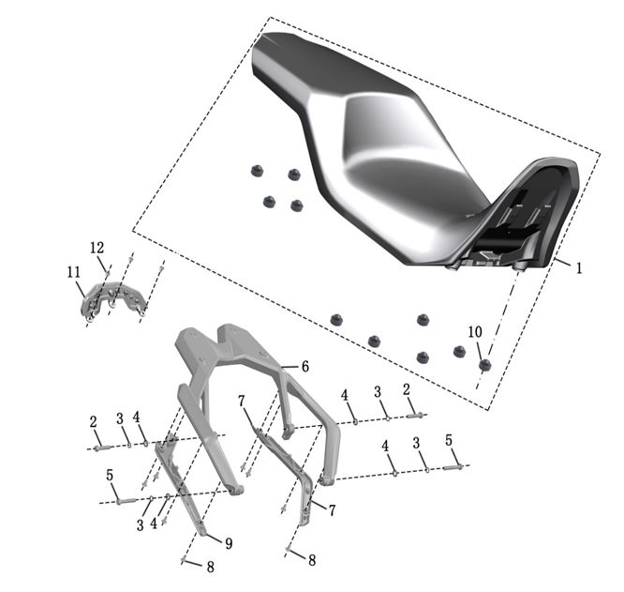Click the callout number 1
[x=579, y=268]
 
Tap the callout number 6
[x=305, y=367]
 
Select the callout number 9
[x=229, y=543]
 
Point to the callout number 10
[x=475, y=331]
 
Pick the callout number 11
[x=74, y=272]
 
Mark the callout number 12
[x=97, y=248]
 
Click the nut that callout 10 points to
[x=484, y=365]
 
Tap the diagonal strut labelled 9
[x=181, y=484]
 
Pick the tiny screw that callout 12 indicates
[x=107, y=272]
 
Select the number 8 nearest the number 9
[x=211, y=567]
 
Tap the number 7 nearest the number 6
[x=242, y=402]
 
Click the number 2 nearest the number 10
[x=406, y=389]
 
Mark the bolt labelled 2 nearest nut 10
[x=416, y=417]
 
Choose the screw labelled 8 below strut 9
[x=184, y=560]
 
